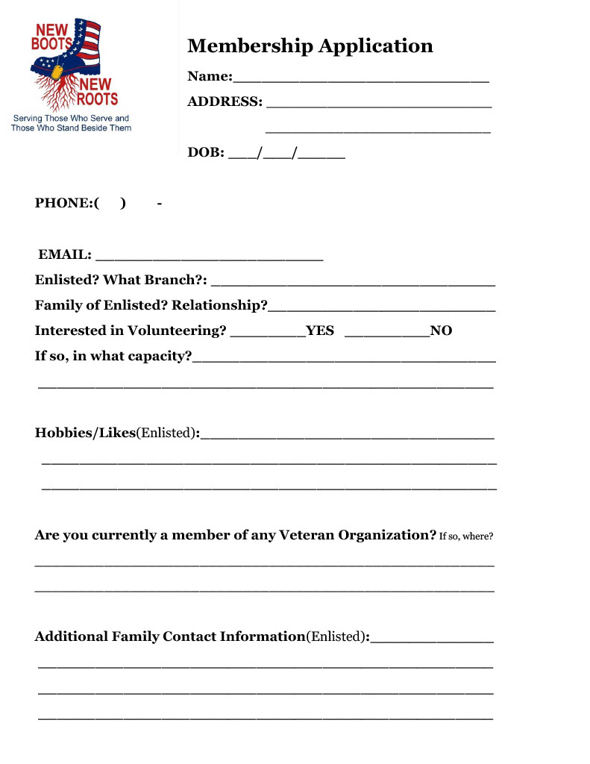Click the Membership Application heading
click(310, 46)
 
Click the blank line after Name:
click(361, 78)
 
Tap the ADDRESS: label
click(225, 101)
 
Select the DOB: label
click(206, 153)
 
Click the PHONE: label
click(64, 203)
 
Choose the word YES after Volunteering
click(320, 331)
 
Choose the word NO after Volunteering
click(441, 331)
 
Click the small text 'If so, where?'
click(466, 536)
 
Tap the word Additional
click(71, 636)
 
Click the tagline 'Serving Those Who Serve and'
click(71, 119)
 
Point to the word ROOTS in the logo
click(97, 98)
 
